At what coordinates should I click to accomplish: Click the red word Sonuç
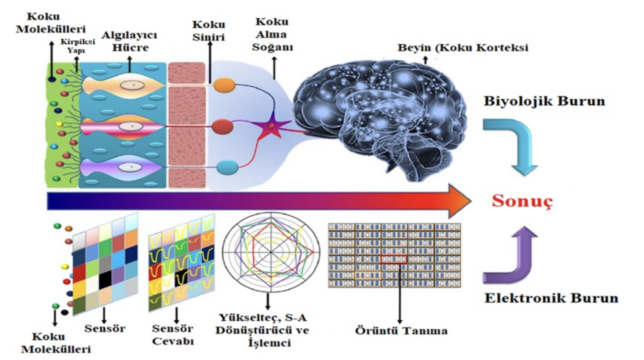(522, 201)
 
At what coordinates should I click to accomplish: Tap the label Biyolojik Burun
(544, 101)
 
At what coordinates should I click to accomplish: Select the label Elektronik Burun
(551, 298)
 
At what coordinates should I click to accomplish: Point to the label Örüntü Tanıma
(401, 330)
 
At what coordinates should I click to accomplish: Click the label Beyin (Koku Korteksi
(463, 48)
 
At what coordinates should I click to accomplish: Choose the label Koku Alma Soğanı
(272, 34)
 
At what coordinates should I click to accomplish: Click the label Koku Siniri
(209, 31)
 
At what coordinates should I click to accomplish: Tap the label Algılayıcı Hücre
(129, 41)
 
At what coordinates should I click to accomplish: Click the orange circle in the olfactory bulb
(224, 85)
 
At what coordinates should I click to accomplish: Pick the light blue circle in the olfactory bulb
(227, 167)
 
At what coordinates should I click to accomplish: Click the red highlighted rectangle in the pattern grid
(394, 259)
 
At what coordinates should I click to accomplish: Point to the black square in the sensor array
(105, 280)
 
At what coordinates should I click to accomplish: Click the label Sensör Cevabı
(173, 334)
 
